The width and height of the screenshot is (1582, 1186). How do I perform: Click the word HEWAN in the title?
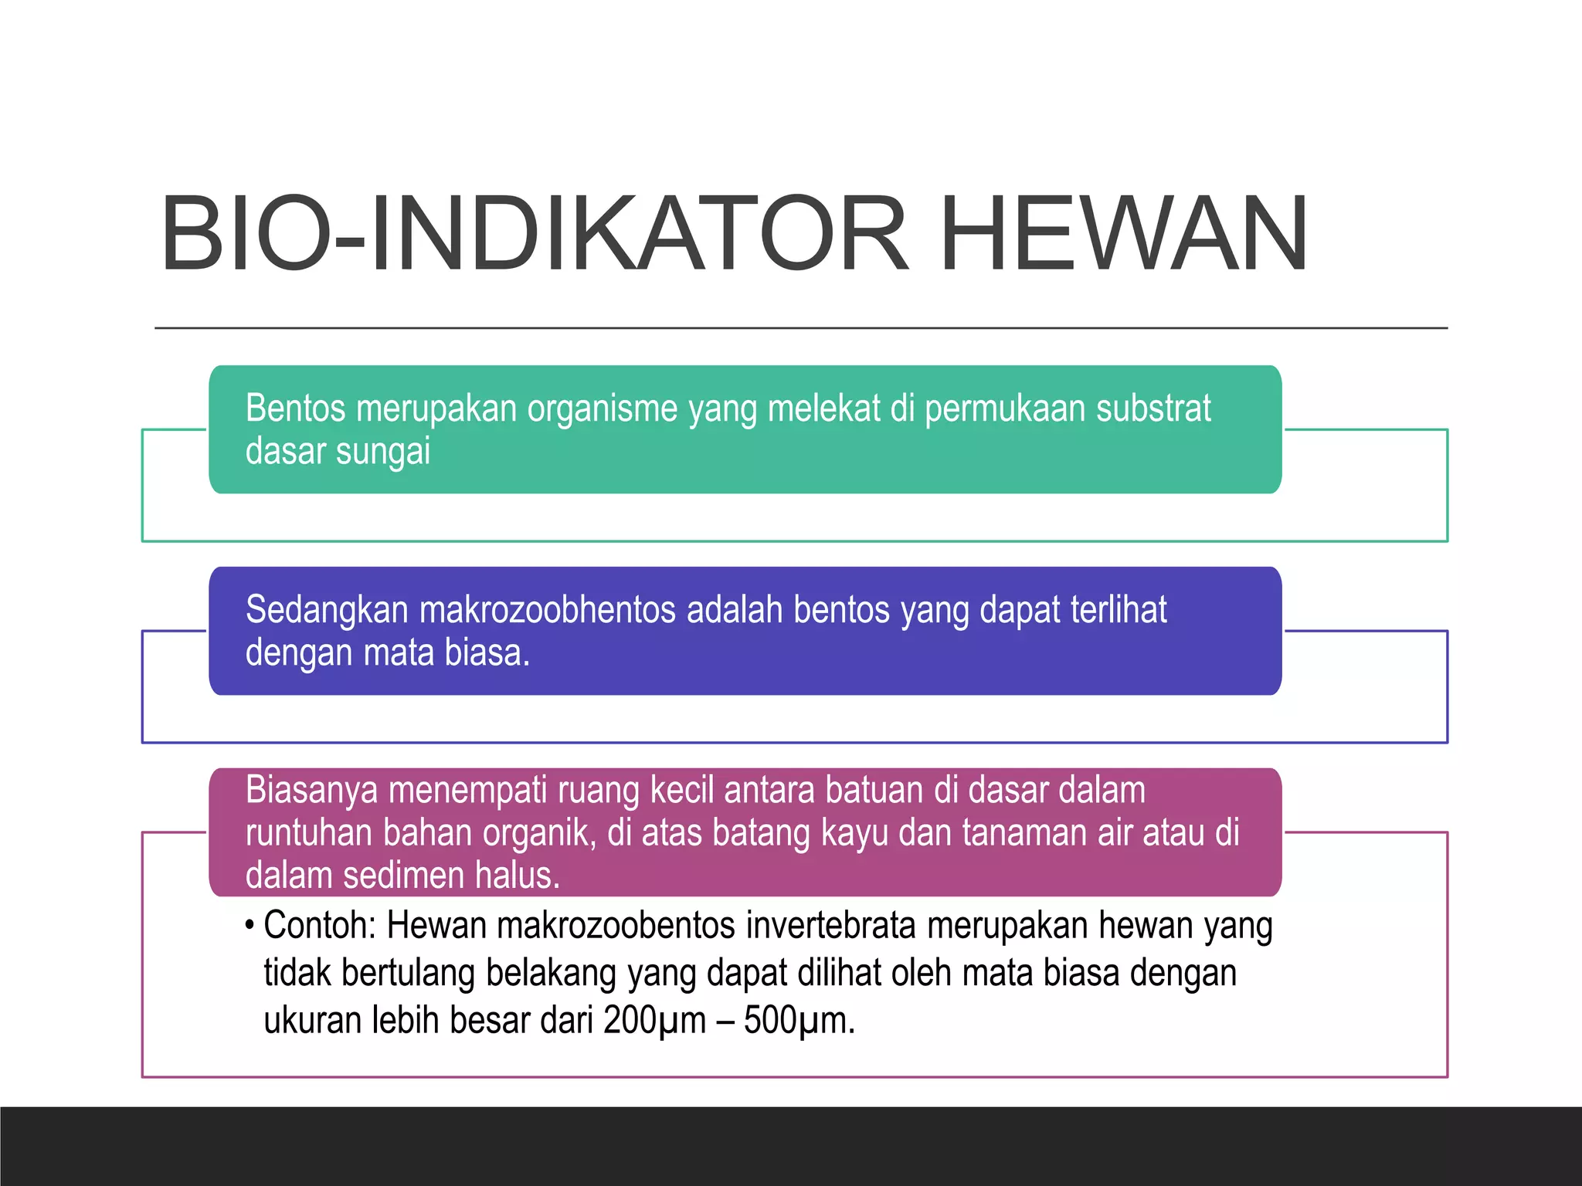click(x=1124, y=235)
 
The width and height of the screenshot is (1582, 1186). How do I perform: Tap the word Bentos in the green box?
click(x=295, y=408)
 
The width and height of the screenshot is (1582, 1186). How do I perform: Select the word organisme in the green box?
click(x=603, y=409)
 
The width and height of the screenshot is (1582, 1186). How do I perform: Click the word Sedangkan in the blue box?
click(x=327, y=610)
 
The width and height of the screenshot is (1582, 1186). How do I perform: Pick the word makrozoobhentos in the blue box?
click(x=548, y=610)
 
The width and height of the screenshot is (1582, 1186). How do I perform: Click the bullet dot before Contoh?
click(x=250, y=925)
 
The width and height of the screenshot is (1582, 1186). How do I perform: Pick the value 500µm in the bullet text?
click(x=798, y=1021)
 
